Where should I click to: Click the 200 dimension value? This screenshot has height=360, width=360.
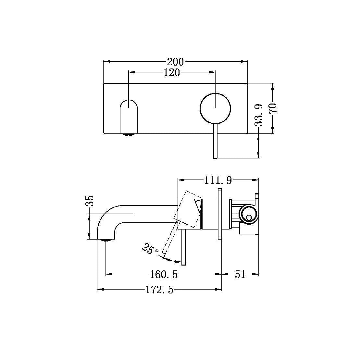(175, 61)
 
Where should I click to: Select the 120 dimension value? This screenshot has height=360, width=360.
(172, 73)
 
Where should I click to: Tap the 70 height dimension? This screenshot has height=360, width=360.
(273, 108)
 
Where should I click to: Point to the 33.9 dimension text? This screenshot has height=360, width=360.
(259, 115)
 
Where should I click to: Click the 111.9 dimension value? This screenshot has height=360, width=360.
(218, 180)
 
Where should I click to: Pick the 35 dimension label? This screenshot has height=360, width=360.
(90, 201)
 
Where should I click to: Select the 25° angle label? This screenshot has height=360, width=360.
(150, 249)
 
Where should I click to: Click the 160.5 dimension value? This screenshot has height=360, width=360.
(164, 275)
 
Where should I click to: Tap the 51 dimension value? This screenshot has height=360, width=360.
(240, 275)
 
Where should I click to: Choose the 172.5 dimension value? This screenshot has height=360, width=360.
(159, 290)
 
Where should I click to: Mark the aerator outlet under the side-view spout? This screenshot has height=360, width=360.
(106, 240)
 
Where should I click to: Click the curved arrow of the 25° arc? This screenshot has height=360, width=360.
(172, 260)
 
